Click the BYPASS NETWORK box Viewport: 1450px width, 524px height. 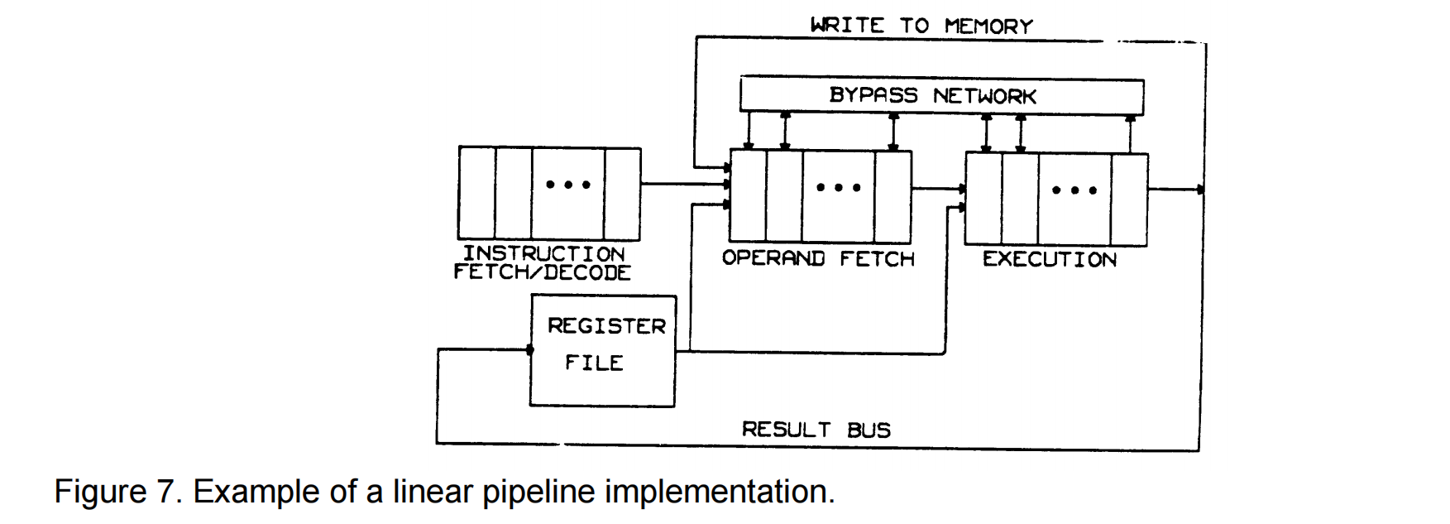(940, 96)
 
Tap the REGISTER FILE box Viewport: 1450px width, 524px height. (602, 350)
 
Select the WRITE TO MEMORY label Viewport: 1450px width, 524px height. (921, 26)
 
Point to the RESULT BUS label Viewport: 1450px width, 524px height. (816, 430)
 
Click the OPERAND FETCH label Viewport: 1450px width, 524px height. (818, 259)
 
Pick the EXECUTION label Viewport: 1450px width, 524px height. (1049, 259)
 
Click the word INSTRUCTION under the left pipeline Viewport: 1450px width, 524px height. (543, 253)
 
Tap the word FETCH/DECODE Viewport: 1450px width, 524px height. (542, 272)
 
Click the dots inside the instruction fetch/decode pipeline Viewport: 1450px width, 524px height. (567, 185)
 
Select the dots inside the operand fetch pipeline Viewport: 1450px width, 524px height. (838, 188)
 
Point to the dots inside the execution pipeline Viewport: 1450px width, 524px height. (1074, 190)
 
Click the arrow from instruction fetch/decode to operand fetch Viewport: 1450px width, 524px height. (684, 184)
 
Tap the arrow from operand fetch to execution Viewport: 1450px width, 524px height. (938, 189)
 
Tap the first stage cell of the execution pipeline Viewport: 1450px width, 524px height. (983, 199)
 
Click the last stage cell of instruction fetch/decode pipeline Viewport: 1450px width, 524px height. (622, 192)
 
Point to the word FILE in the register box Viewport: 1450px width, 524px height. (594, 363)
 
